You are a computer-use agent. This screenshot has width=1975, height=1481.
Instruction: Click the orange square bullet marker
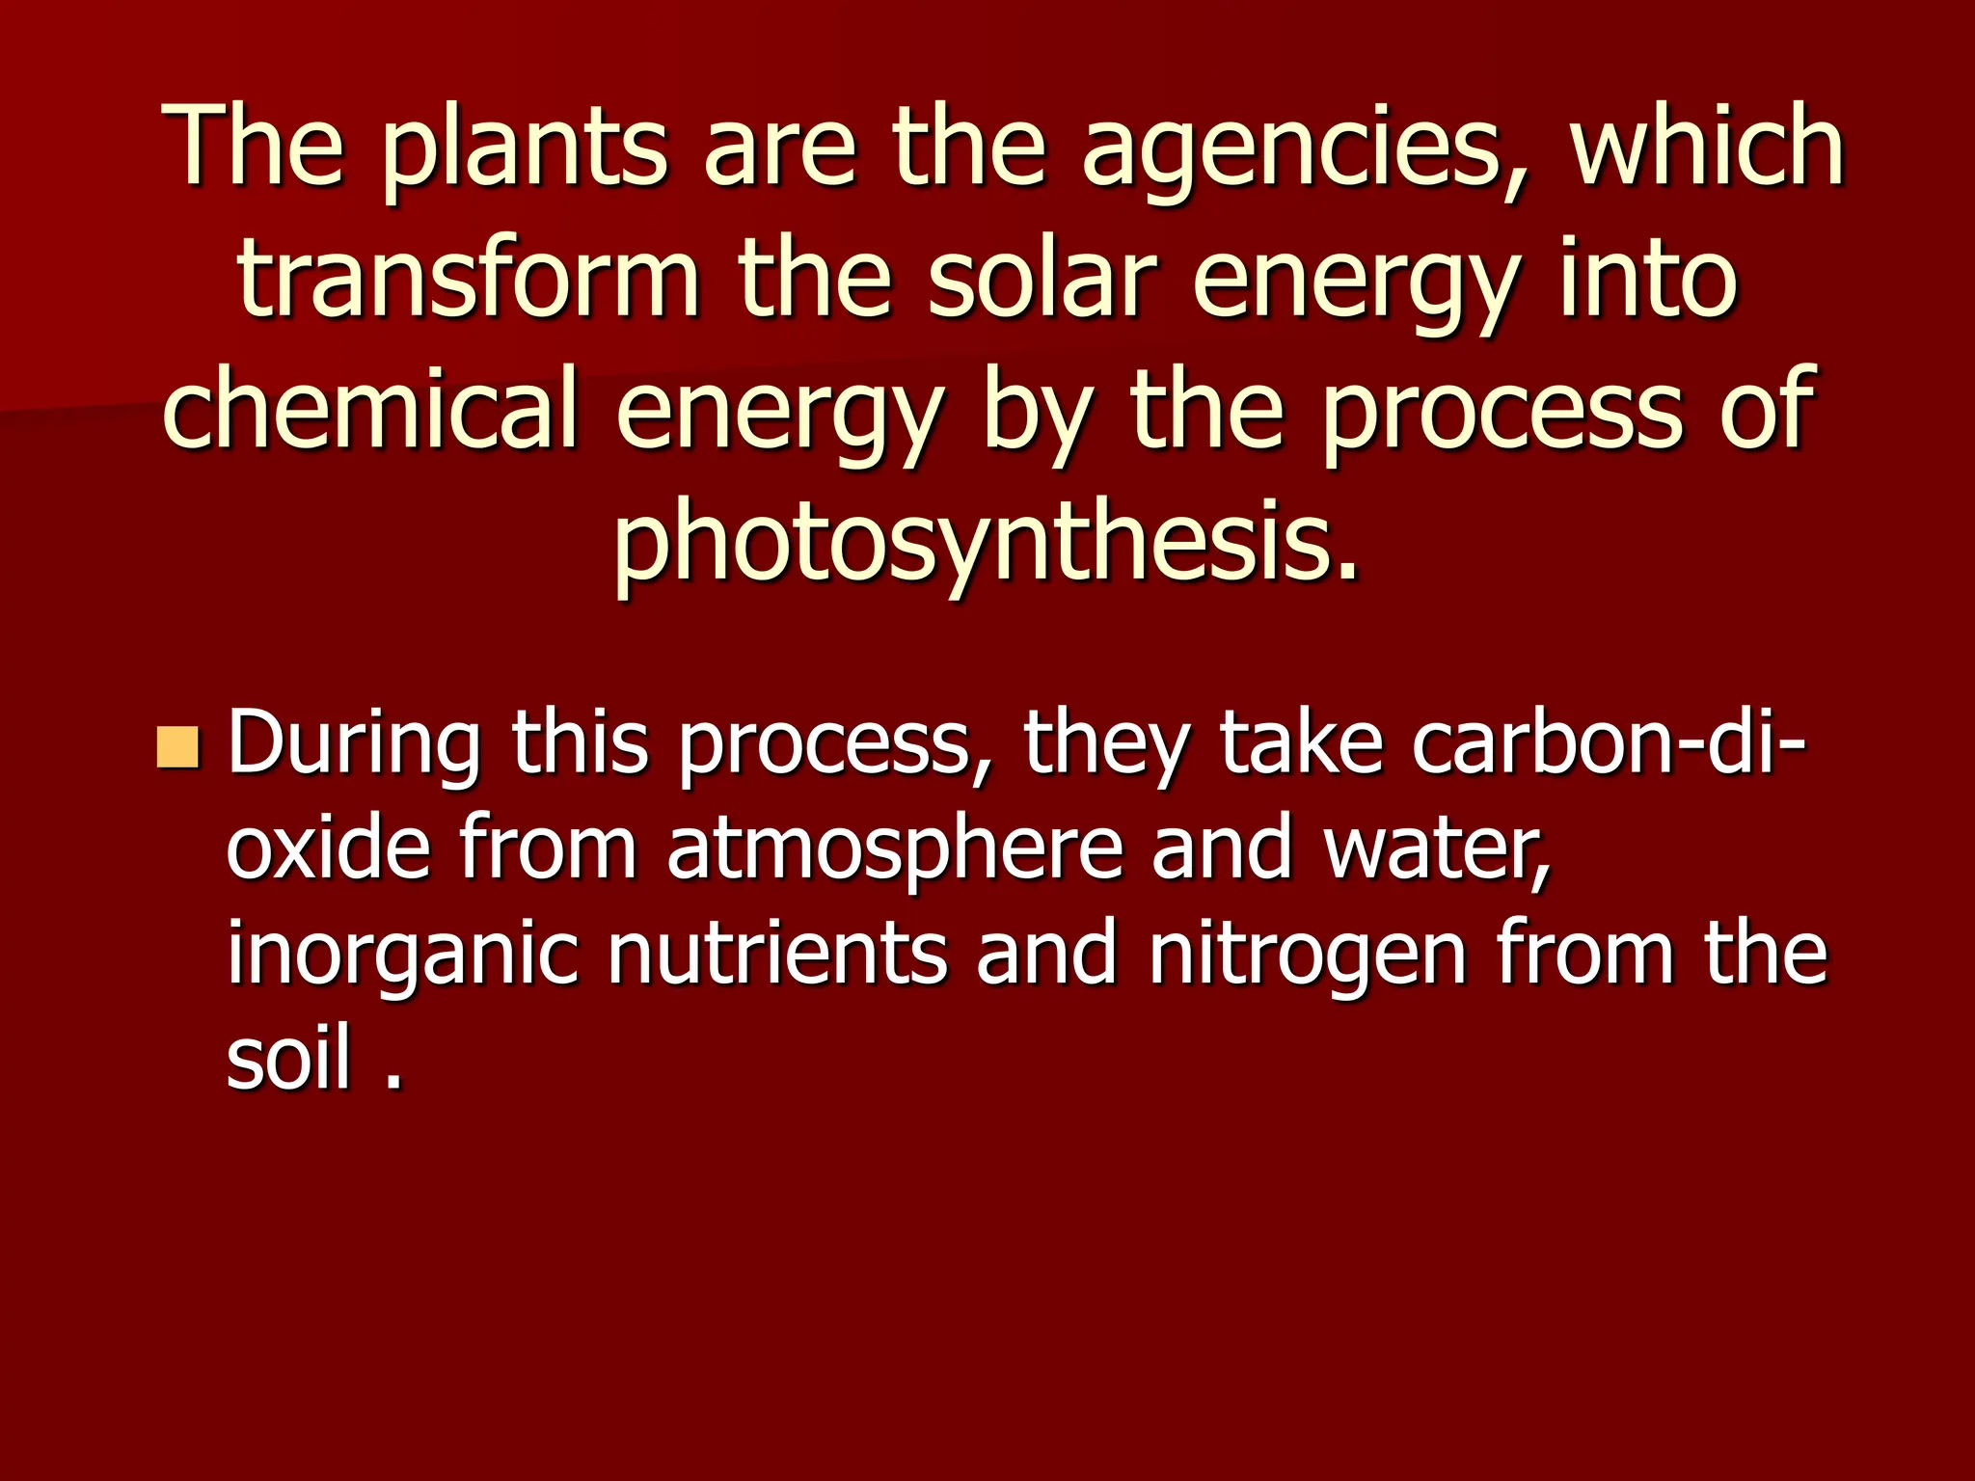coord(177,749)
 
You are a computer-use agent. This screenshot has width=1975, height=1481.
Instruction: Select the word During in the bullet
coord(353,745)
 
